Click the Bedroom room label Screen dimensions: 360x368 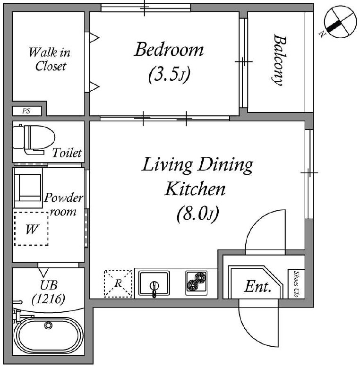pos(169,50)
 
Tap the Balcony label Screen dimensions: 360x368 pos(280,60)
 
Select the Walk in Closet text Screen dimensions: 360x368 pos(50,59)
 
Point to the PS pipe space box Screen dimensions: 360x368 pos(27,111)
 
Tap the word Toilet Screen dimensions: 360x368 pos(67,153)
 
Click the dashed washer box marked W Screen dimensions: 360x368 pos(31,229)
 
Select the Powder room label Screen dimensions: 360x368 pos(63,205)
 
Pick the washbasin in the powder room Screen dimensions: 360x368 pos(28,188)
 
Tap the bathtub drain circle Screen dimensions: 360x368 pos(48,325)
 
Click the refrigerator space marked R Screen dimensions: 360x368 pos(118,283)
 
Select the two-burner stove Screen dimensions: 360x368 pos(197,283)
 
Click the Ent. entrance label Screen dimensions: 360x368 pos(257,287)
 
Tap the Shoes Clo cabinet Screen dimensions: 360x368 pos(296,284)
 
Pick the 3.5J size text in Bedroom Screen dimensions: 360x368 pos(169,75)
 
